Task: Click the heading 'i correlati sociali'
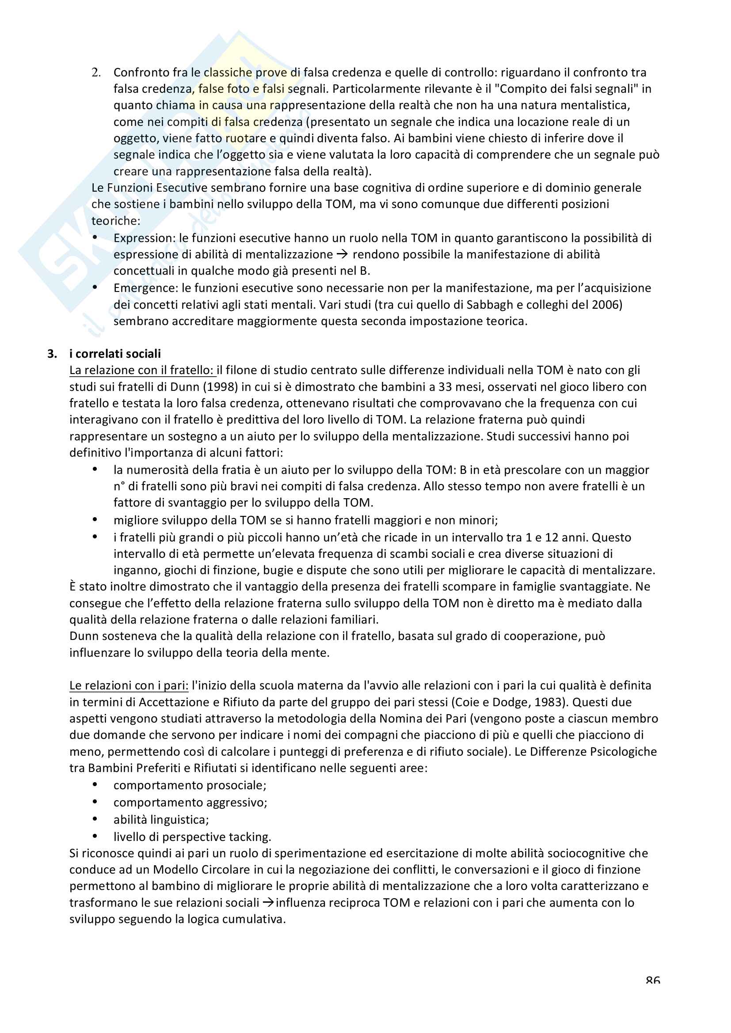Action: [x=115, y=354]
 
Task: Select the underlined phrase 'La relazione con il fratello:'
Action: [x=142, y=370]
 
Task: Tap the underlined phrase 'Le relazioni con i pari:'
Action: [x=129, y=686]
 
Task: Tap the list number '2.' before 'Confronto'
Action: [x=96, y=72]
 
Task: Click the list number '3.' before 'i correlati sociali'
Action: [x=52, y=354]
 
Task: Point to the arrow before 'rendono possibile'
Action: [x=342, y=255]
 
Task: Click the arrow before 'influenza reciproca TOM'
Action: [x=268, y=903]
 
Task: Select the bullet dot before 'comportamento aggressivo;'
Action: [x=95, y=802]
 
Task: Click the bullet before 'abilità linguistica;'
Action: [x=95, y=819]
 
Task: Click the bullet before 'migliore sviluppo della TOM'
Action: [x=95, y=520]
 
